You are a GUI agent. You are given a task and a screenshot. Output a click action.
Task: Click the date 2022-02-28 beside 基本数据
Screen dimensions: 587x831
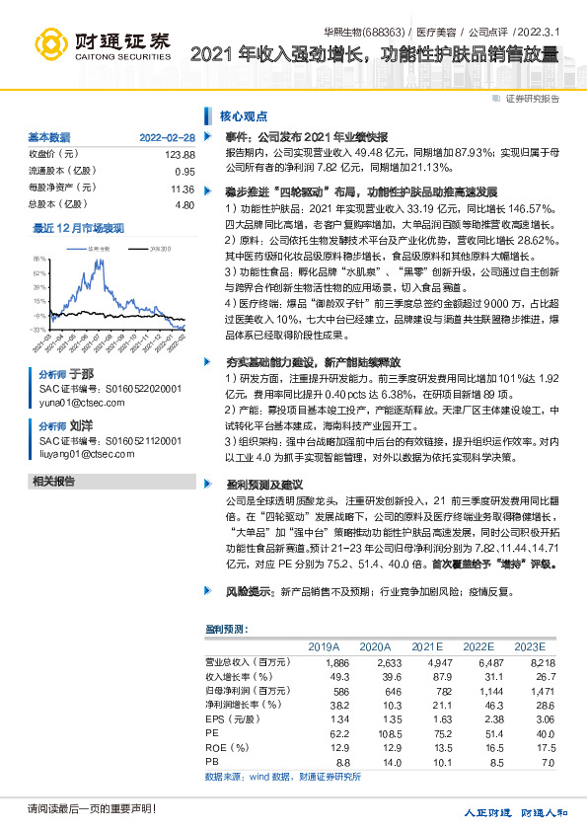point(167,137)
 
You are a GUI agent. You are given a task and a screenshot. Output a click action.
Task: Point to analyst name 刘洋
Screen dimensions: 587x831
point(81,425)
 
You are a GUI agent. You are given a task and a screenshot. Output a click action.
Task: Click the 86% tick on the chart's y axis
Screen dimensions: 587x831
point(39,260)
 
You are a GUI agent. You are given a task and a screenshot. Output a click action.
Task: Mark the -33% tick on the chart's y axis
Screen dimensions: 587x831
point(37,329)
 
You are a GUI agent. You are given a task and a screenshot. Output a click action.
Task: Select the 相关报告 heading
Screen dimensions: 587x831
point(54,481)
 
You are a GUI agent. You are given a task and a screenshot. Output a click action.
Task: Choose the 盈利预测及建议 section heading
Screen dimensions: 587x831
point(253,486)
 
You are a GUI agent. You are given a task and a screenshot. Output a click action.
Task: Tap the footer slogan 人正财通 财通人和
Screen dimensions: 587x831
point(516,812)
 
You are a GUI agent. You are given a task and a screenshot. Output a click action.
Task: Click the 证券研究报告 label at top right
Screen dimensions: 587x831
point(532,98)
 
